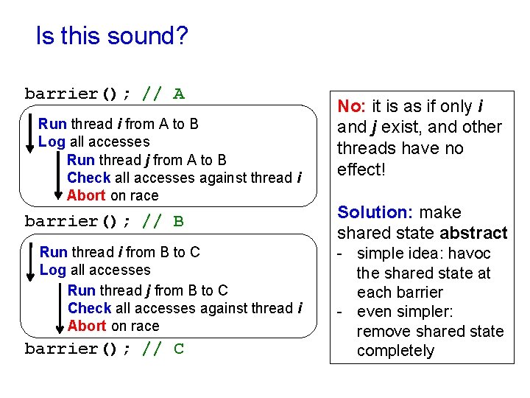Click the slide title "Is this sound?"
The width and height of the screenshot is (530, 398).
[x=112, y=36]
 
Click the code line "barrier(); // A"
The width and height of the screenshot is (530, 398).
[x=105, y=94]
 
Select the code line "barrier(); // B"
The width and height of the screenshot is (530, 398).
[x=105, y=221]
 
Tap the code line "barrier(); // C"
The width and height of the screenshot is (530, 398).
[x=105, y=349]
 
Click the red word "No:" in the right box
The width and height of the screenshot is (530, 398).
[x=353, y=106]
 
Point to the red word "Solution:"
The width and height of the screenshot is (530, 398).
[x=375, y=212]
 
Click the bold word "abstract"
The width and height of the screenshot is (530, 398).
[x=473, y=234]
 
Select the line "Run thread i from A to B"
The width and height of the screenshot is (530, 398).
[x=118, y=124]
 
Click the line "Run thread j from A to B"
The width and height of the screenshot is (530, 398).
[x=146, y=160]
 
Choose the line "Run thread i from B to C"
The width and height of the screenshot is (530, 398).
[x=119, y=252]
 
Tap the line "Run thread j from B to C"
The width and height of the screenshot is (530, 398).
[x=147, y=290]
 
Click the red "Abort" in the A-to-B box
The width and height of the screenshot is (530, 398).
[x=86, y=195]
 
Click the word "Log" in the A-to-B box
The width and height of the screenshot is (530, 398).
[x=52, y=142]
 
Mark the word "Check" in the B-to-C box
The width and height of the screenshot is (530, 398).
[x=89, y=308]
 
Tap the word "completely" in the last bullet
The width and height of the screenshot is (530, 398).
[x=395, y=351]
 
